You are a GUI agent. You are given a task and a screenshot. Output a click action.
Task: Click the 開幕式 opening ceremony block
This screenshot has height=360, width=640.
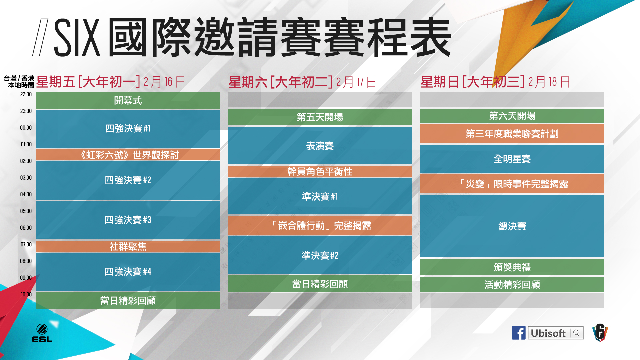click(x=128, y=100)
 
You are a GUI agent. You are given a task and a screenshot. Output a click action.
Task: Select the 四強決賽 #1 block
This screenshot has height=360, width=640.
click(x=128, y=129)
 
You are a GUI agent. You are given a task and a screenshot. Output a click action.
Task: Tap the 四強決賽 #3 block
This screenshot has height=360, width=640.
click(x=128, y=220)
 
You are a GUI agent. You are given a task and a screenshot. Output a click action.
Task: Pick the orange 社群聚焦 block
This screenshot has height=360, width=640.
click(x=128, y=246)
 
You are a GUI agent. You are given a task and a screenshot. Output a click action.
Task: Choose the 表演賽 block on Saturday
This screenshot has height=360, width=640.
click(x=320, y=146)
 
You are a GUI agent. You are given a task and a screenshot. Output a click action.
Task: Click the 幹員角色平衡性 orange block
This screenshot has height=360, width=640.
click(x=320, y=171)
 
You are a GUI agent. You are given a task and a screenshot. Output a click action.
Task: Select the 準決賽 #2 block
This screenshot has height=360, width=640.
click(x=320, y=255)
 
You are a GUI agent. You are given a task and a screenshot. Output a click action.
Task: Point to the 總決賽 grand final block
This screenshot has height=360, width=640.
click(x=512, y=226)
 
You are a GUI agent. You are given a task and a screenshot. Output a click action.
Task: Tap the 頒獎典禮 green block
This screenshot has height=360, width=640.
click(x=512, y=267)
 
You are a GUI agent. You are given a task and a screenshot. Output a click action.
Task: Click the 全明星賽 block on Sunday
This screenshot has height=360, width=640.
click(x=512, y=159)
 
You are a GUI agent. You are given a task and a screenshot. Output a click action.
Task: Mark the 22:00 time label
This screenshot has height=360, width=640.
click(x=26, y=94)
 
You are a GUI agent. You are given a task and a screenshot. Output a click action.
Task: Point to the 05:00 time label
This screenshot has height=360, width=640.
click(x=26, y=211)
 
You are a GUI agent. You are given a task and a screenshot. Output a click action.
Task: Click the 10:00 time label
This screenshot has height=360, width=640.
click(x=26, y=294)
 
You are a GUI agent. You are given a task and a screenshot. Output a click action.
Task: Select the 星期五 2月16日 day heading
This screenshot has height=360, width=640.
click(x=111, y=82)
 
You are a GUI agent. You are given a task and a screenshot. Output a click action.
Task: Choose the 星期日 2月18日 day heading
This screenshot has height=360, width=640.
click(x=495, y=82)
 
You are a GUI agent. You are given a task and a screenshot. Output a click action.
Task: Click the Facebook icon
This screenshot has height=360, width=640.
click(x=519, y=333)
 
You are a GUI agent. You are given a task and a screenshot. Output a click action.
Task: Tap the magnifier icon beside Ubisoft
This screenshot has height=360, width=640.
click(x=576, y=333)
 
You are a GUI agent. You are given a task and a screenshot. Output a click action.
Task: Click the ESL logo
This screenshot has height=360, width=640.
click(x=42, y=333)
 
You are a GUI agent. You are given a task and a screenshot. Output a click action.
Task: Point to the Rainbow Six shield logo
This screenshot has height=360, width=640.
click(x=600, y=332)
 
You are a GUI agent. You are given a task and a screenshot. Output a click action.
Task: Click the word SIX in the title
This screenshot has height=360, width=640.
click(x=77, y=37)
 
